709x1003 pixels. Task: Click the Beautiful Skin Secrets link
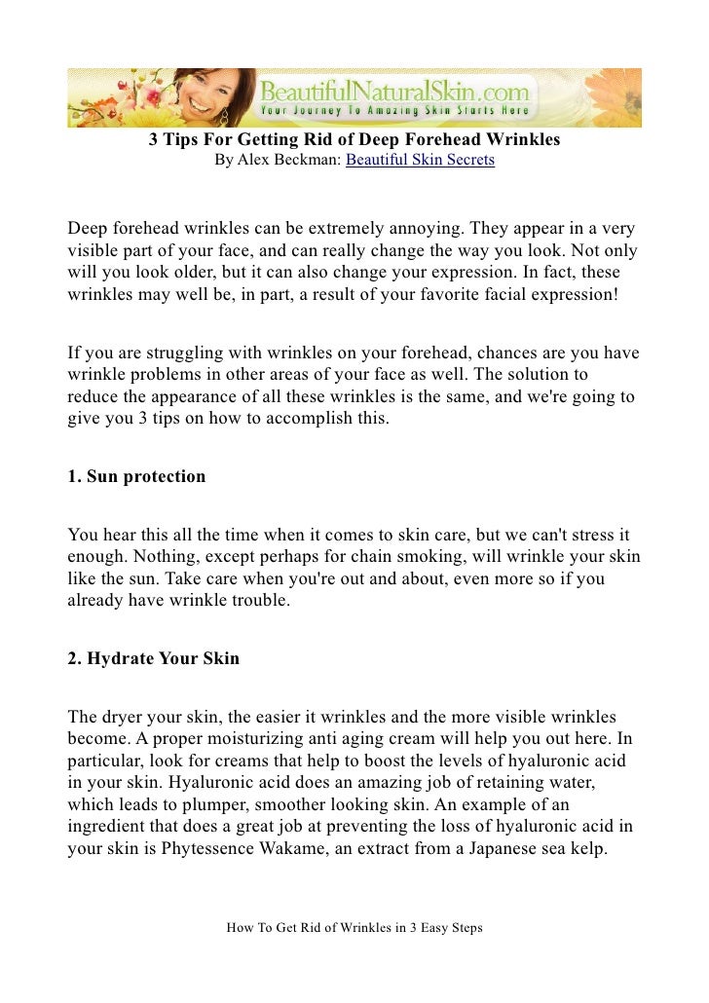420,160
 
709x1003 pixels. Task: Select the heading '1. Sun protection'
136,477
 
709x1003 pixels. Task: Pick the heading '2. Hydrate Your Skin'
153,658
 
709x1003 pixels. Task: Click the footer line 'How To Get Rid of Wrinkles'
354,928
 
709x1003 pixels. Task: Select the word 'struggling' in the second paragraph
168,353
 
